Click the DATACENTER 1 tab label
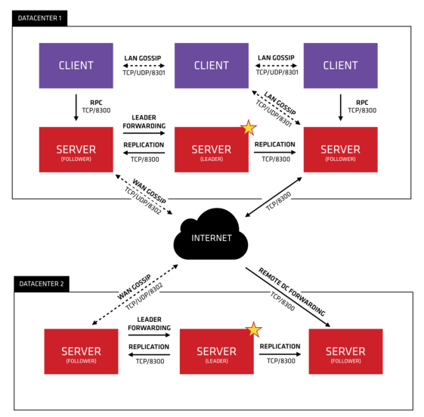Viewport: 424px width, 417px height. tap(40, 18)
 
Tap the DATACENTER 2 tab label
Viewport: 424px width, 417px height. tap(42, 284)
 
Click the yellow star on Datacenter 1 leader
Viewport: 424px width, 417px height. tap(248, 127)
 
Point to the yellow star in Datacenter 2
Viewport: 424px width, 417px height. tap(253, 329)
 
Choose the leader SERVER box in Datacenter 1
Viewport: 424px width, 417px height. tap(212, 150)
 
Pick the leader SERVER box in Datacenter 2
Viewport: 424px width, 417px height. tap(217, 351)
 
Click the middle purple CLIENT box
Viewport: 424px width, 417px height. tap(212, 66)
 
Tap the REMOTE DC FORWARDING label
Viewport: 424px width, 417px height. tap(292, 292)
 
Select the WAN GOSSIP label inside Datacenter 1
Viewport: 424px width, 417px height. tap(149, 191)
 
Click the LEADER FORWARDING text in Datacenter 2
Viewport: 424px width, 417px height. tap(149, 323)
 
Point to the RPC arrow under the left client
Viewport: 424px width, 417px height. tap(76, 107)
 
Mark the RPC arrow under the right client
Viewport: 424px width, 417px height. tap(340, 107)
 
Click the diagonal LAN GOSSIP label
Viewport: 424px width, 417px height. tap(280, 103)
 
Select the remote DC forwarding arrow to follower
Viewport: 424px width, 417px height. tap(288, 298)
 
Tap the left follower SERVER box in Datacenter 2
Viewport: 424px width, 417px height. tap(81, 351)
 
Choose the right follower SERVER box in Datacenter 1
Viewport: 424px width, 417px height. tap(340, 150)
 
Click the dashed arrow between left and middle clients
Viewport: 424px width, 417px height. tap(144, 66)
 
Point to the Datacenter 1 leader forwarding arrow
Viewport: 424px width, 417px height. tap(144, 133)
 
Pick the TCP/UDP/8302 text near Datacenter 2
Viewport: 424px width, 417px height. tap(144, 296)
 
